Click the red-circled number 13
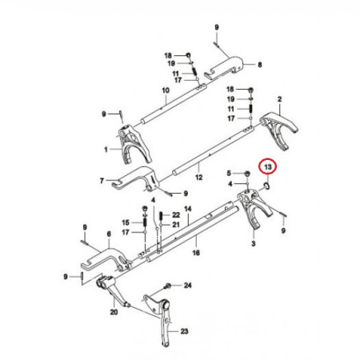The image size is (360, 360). tap(268, 167)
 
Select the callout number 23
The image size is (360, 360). tap(184, 331)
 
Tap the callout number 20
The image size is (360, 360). tap(114, 312)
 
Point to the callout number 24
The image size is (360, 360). tap(188, 286)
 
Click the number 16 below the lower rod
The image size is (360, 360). tap(196, 253)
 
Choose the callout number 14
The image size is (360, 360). tap(188, 209)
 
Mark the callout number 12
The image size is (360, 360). tap(199, 177)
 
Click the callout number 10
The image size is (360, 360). tap(166, 90)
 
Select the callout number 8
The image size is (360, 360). tap(260, 65)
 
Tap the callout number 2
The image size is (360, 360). tap(279, 99)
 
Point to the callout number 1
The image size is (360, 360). tap(106, 150)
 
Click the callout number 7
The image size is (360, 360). tap(102, 181)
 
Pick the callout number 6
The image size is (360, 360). tap(109, 234)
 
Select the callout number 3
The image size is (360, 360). tap(254, 243)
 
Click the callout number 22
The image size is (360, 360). tap(176, 215)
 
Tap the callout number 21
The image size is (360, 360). tap(176, 225)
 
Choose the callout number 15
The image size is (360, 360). tap(126, 222)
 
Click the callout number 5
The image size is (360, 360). tap(229, 174)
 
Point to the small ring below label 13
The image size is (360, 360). tap(266, 186)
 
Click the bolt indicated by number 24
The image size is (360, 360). tap(168, 286)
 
